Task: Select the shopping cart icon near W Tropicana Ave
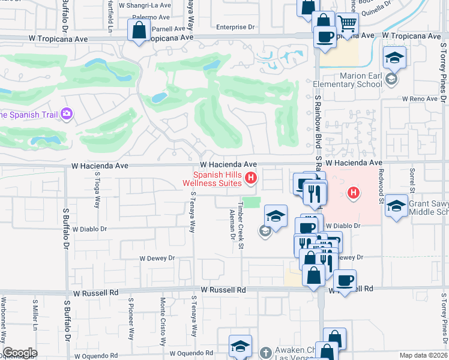pos(347,25)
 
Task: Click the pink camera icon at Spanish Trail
pos(67,113)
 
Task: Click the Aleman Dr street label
pos(232,224)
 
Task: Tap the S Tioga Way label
pos(97,189)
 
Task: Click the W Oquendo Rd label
pos(191,353)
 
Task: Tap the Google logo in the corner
pos(20,352)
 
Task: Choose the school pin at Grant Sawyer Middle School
pos(396,206)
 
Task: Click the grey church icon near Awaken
pos(265,351)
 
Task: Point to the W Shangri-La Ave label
pos(145,4)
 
